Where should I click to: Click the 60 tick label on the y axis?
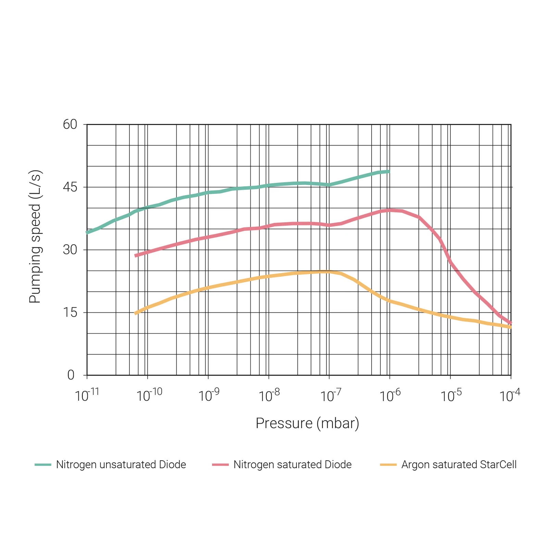click(70, 124)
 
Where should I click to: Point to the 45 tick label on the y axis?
click(70, 187)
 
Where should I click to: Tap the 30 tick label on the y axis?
click(70, 250)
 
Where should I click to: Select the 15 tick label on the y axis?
click(70, 312)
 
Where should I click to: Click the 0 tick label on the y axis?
click(71, 375)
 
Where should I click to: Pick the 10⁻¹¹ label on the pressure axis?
click(87, 395)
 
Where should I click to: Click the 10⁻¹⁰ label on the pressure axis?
click(149, 395)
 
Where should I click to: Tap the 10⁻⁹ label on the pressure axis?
click(209, 395)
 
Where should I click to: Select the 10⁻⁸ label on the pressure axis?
click(269, 395)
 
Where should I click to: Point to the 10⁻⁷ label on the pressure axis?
click(331, 395)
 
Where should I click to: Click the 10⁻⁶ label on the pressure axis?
click(390, 395)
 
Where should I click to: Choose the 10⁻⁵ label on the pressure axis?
click(451, 395)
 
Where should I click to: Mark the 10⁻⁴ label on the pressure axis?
click(510, 395)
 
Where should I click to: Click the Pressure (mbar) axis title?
click(307, 423)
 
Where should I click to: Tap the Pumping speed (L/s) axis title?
click(35, 237)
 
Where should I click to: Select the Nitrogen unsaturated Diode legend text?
click(121, 465)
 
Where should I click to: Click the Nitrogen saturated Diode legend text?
click(292, 465)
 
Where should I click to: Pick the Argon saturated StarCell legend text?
click(459, 465)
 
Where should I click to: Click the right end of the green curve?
click(389, 171)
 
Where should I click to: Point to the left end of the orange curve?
click(136, 313)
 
